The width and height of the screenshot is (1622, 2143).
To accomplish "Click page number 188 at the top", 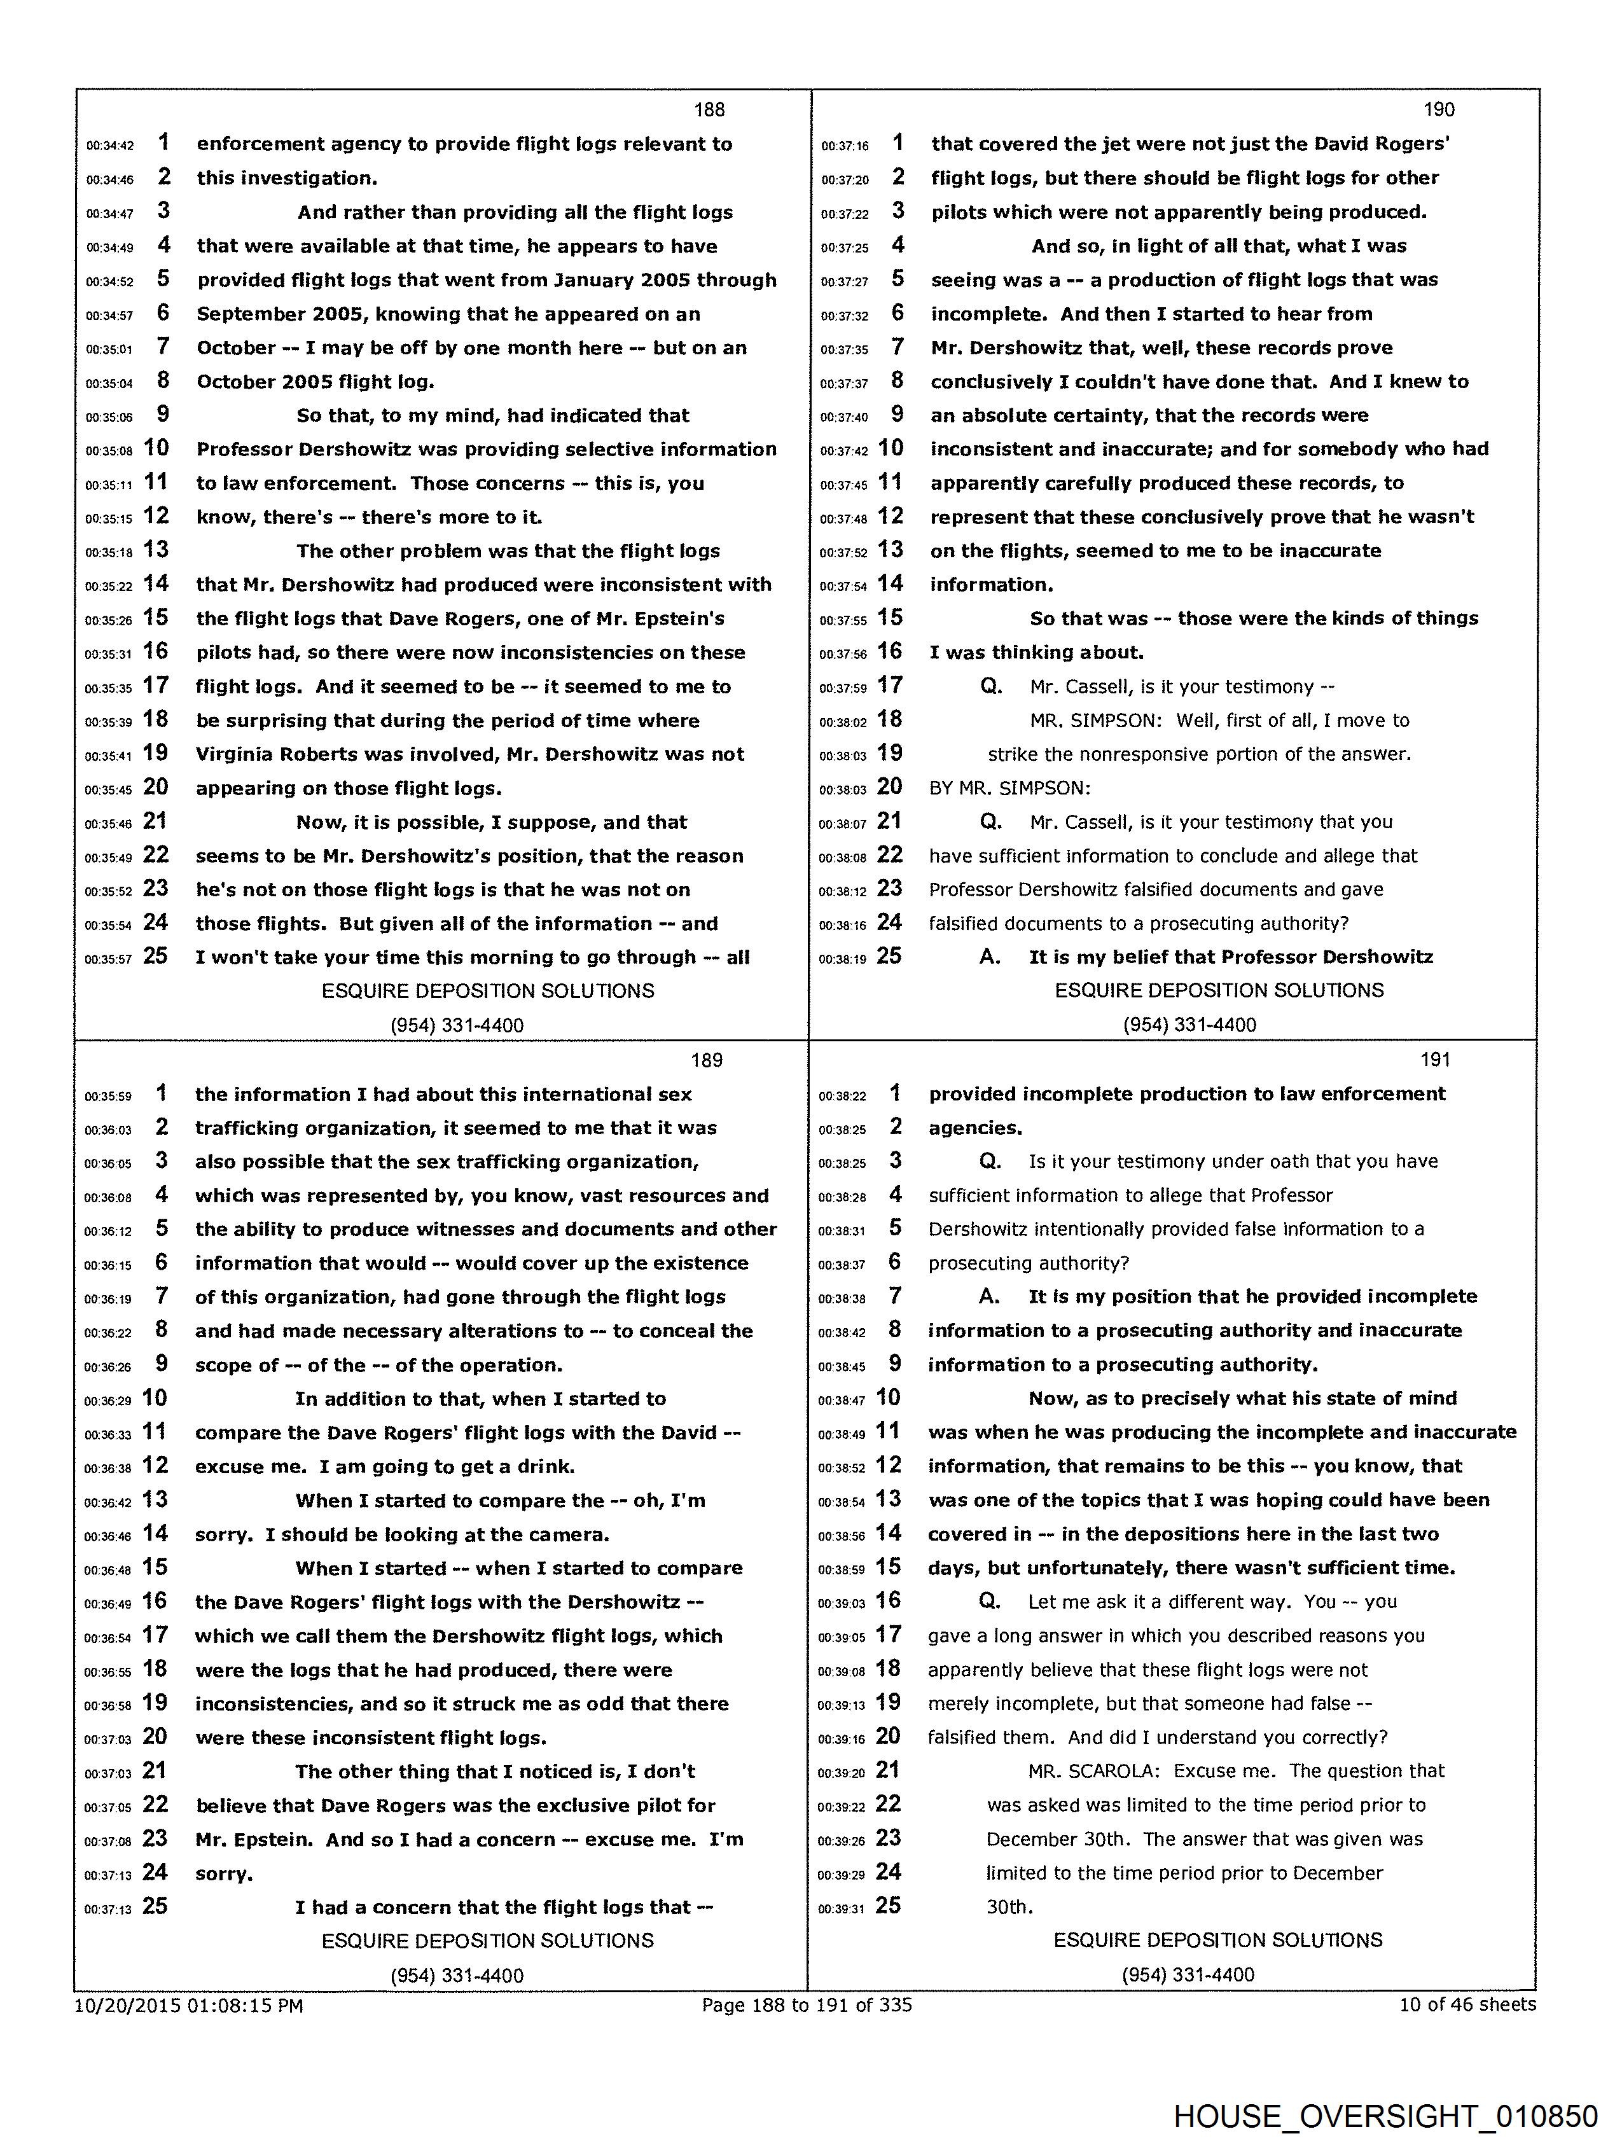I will (x=709, y=109).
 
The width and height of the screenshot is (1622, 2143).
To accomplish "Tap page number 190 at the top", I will (x=1438, y=109).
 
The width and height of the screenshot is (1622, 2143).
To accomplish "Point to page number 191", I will (x=1435, y=1060).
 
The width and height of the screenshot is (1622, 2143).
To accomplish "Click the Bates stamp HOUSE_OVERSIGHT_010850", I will (x=1385, y=2116).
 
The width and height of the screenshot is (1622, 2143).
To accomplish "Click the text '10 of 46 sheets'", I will (x=1467, y=2004).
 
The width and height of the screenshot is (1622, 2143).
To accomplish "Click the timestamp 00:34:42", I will (x=109, y=145).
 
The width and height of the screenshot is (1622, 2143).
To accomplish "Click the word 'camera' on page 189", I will (x=566, y=1535).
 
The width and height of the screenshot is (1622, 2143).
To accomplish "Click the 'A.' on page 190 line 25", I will (x=989, y=957).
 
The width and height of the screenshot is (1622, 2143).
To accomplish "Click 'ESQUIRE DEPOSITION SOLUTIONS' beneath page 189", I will (x=487, y=1941).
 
